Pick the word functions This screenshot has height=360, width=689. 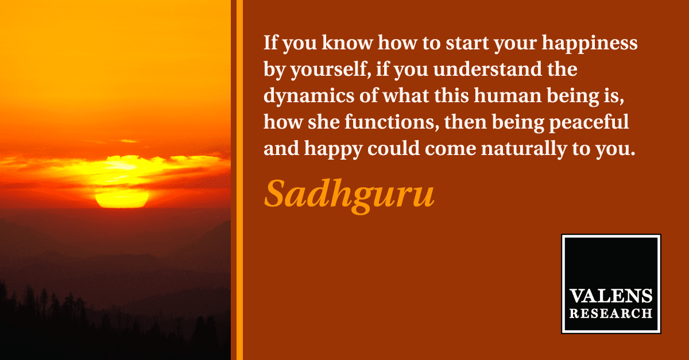392,122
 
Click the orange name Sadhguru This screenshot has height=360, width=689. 350,196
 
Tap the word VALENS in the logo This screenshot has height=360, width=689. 611,296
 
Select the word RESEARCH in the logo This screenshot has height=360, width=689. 611,313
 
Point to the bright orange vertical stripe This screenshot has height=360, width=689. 239,180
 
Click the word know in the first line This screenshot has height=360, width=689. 347,42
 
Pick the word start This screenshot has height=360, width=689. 467,43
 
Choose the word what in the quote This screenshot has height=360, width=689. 406,95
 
